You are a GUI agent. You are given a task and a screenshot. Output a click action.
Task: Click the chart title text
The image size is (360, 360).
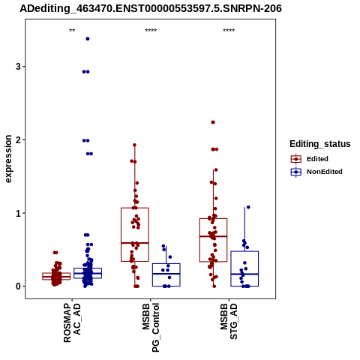coord(151,8)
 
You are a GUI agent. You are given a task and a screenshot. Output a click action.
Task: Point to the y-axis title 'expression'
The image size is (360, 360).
coord(8,159)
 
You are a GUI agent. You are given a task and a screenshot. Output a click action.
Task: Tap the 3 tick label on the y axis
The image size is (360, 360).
coord(18,67)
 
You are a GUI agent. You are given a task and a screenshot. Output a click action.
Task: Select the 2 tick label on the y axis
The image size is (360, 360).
coord(18,139)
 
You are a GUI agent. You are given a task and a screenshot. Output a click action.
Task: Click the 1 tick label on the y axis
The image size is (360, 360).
coord(18,213)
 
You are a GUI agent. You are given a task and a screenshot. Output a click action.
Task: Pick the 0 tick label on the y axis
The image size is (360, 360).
coord(18,286)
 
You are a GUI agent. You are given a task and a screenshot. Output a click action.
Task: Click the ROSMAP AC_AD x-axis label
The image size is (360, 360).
coord(72,322)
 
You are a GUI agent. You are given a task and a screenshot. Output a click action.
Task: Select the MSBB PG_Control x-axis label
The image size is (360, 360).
coord(151,328)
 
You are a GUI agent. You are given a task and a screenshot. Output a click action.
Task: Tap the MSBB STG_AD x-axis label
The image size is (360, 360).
coord(229,322)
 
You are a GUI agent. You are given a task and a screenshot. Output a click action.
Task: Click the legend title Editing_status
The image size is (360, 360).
coord(320,144)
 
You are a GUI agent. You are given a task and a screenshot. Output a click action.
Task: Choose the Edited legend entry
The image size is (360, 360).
coord(310,159)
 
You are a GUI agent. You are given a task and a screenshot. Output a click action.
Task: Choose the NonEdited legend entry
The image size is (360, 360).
coord(316,172)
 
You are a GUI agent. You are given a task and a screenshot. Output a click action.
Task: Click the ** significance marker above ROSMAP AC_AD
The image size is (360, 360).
coord(72,31)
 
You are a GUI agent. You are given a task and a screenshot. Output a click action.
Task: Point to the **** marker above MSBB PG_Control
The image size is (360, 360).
coord(151,31)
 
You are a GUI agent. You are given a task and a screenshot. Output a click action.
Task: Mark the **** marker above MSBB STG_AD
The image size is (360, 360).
coord(229,31)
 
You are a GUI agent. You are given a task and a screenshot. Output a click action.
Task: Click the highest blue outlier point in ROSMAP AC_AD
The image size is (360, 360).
coord(88,39)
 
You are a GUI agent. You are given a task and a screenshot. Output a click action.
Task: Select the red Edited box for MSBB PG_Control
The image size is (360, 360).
coord(135,235)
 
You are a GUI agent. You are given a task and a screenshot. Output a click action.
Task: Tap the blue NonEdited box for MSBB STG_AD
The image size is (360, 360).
coord(244,268)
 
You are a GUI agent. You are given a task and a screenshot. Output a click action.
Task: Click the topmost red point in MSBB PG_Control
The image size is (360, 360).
coord(134,145)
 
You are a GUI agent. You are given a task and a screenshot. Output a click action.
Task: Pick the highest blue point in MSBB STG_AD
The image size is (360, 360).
coord(248,207)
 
